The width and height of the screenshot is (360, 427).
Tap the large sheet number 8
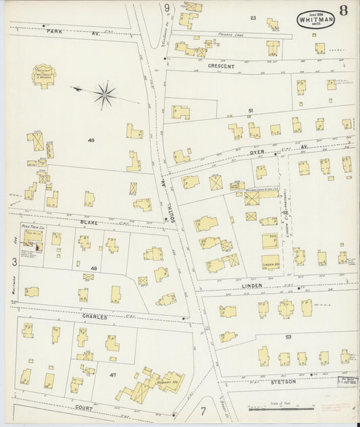pos(344,11)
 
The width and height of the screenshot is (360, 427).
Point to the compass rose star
pos(105,95)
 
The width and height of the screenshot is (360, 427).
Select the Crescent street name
pos(222,66)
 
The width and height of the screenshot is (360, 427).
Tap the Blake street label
pos(88,222)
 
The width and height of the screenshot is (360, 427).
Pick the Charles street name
pos(95,316)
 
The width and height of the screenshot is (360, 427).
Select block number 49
pos(91,140)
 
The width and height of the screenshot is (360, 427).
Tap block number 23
pos(253,18)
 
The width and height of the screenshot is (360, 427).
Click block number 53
pos(288,336)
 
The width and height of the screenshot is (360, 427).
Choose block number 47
pos(113,374)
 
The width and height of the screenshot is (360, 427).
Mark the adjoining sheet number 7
pos(203,409)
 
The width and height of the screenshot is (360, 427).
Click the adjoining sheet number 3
pos(14,261)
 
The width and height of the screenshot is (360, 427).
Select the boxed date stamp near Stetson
pos(348,381)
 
